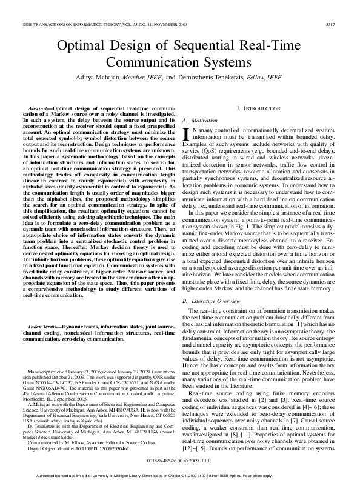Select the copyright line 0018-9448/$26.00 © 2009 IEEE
tap(180, 461)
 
